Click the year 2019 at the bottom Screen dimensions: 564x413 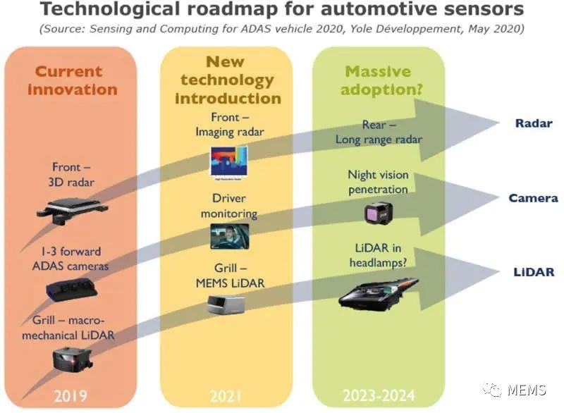point(70,396)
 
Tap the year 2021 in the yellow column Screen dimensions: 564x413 point(226,396)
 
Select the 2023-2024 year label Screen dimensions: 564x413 point(379,396)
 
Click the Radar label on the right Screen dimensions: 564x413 point(534,123)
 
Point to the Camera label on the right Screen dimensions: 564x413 point(534,198)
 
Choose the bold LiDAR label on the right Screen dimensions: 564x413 point(534,272)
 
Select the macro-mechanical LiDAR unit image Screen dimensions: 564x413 point(73,360)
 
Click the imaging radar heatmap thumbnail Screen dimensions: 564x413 point(229,162)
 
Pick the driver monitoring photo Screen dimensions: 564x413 point(230,237)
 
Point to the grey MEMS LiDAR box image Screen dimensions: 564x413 point(226,304)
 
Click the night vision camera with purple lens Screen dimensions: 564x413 point(379,213)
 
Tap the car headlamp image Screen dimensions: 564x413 point(378,294)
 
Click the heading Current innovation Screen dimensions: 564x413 point(73,80)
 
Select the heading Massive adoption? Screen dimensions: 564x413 point(381,80)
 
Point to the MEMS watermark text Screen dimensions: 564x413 point(527,390)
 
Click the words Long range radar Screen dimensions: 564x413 point(379,140)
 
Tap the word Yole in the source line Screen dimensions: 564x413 point(362,28)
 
